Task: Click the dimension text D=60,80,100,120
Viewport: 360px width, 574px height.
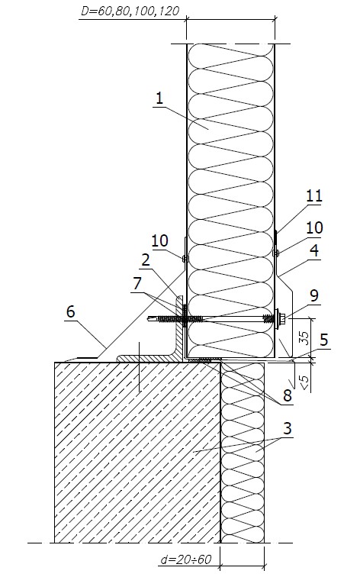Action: click(x=130, y=11)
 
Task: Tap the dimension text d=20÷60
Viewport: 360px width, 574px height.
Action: click(x=186, y=559)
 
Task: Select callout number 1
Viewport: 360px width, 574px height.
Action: click(x=159, y=98)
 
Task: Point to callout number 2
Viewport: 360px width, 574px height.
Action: click(x=146, y=260)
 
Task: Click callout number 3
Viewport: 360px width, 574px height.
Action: click(x=288, y=428)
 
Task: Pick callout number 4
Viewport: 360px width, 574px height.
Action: click(x=313, y=251)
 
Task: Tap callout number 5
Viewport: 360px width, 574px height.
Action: click(x=323, y=340)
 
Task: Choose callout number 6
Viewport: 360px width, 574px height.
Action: click(x=71, y=311)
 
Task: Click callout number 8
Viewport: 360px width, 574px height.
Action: click(x=288, y=395)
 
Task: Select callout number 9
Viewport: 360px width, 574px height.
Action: click(x=313, y=296)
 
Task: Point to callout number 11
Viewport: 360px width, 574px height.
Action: click(x=314, y=196)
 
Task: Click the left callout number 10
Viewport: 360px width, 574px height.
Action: click(x=159, y=240)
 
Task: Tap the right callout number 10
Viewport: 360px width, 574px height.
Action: click(x=314, y=227)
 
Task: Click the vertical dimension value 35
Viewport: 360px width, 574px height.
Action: click(x=304, y=337)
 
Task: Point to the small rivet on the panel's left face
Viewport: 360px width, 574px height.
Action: click(x=185, y=259)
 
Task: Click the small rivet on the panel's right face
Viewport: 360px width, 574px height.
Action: click(x=276, y=253)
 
